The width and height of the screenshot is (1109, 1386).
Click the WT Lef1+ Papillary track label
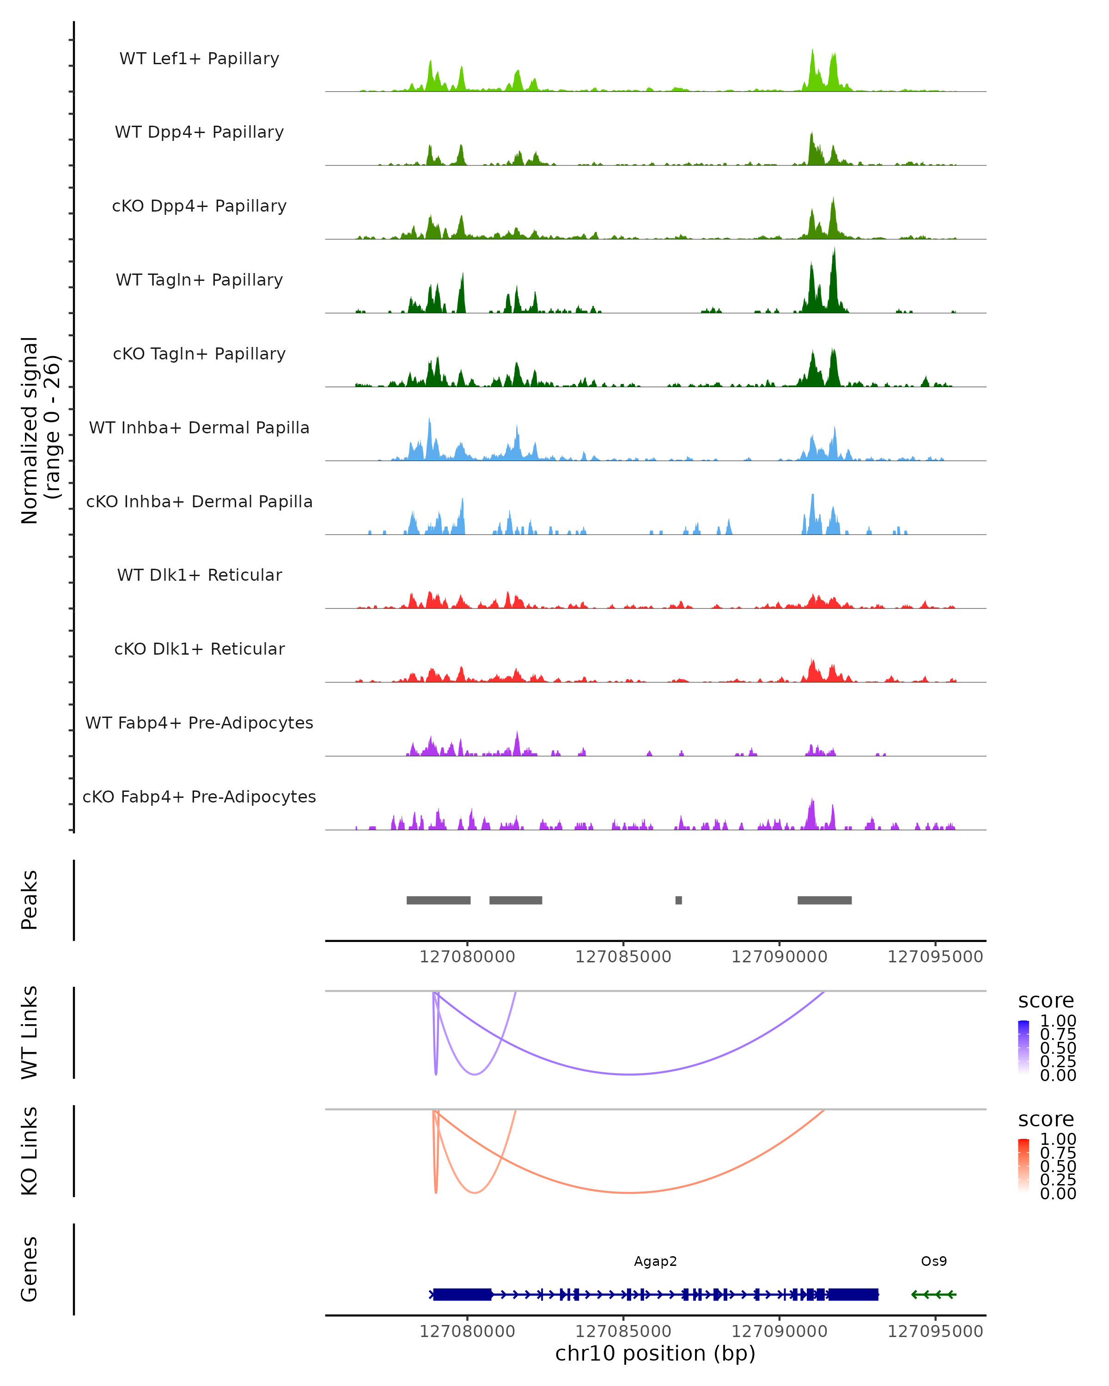coord(199,59)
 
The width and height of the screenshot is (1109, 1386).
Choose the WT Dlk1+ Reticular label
coord(199,575)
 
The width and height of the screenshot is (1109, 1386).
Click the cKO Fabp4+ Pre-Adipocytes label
coord(199,796)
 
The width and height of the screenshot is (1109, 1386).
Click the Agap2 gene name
coord(655,1261)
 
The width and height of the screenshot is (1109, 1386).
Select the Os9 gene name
coord(933,1261)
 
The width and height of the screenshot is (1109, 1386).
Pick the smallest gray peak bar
coord(678,900)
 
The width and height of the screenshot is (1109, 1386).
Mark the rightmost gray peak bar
coord(824,900)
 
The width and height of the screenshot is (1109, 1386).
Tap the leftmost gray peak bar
coord(439,900)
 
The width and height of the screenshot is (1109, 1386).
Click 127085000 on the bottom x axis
coord(623,1331)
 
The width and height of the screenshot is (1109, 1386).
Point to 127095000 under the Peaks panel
coord(935,957)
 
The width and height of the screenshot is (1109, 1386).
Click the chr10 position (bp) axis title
coord(655,1353)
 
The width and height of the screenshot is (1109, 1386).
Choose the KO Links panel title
coord(30,1151)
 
